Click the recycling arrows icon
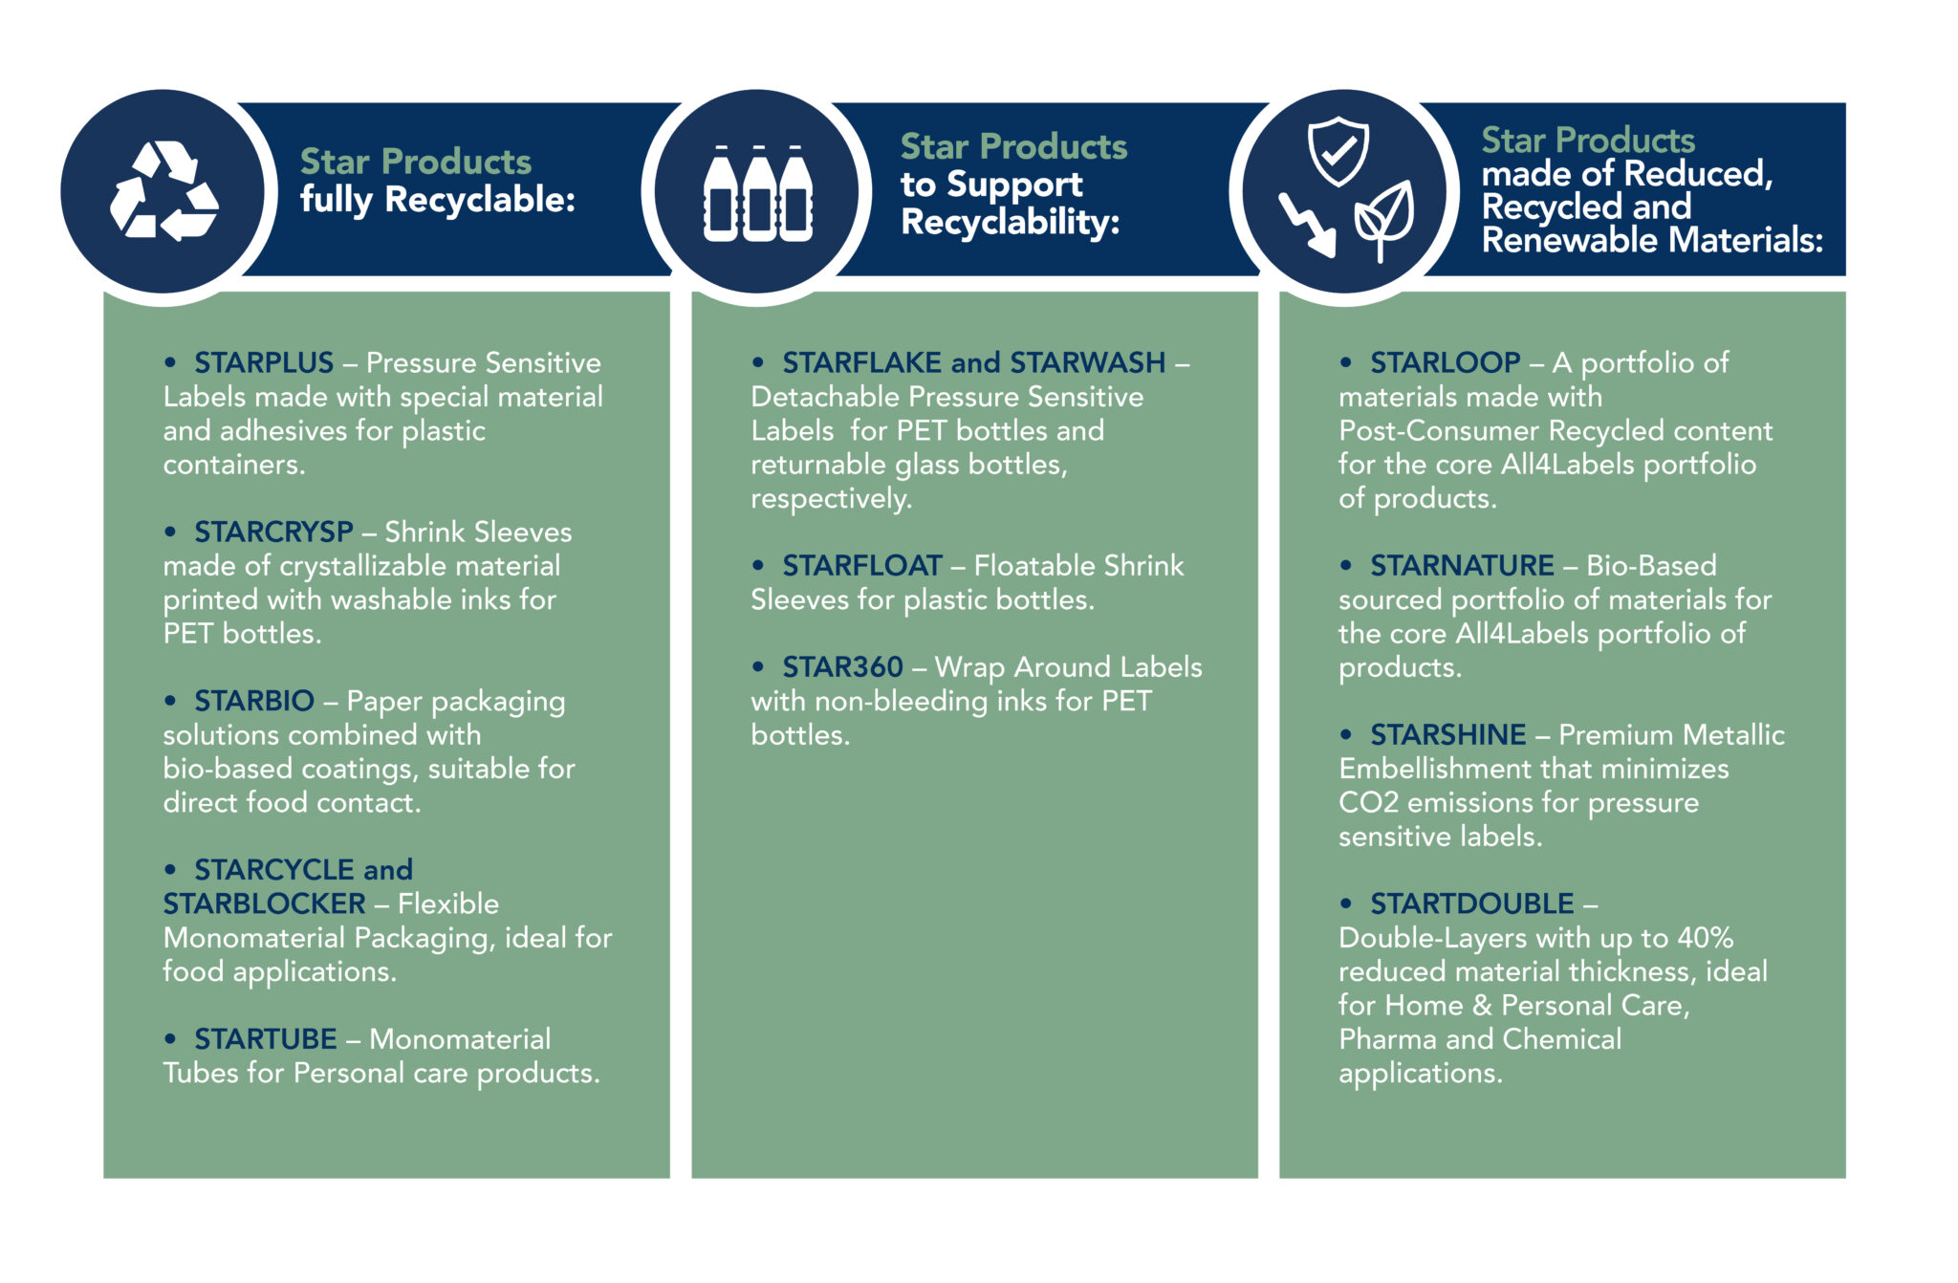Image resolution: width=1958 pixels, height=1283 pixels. (163, 190)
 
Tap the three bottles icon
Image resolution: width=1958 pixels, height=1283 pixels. (757, 193)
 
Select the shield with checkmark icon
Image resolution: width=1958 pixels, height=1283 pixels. (1338, 151)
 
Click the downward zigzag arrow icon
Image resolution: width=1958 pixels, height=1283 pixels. (1307, 225)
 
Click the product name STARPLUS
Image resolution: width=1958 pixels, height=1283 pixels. (264, 363)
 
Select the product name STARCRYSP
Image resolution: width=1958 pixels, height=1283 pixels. (273, 533)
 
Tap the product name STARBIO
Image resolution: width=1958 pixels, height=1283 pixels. (254, 701)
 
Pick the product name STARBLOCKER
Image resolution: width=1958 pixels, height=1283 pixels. (264, 903)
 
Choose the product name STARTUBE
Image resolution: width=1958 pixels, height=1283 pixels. (266, 1039)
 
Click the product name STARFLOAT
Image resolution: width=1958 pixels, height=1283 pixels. (862, 566)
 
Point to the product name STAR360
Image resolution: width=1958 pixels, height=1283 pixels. (842, 667)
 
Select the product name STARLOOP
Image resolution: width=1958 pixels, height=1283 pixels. (1445, 363)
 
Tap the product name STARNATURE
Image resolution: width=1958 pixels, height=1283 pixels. (1462, 566)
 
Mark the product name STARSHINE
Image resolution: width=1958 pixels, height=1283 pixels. (1448, 735)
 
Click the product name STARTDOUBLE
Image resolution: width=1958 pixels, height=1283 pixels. (1472, 903)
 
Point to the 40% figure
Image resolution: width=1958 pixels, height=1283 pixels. (1706, 938)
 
